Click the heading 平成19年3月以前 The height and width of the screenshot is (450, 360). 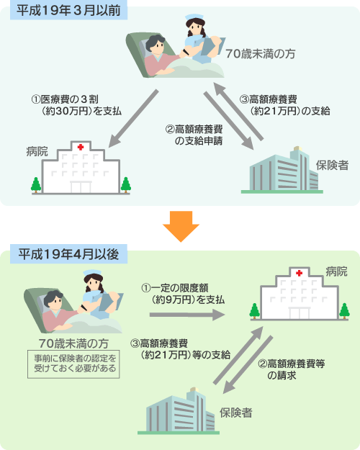point(68,11)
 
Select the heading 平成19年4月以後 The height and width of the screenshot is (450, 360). point(68,254)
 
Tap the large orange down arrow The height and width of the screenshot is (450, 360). point(181,226)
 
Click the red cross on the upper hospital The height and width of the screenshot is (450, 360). point(81,147)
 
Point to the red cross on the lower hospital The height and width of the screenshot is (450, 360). point(299,273)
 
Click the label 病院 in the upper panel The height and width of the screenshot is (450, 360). point(37,151)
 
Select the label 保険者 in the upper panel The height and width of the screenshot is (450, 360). point(332,166)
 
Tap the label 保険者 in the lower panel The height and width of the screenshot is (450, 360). point(236,413)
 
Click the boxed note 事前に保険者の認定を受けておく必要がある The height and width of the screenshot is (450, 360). point(73,364)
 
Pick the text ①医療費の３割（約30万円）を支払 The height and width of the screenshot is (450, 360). point(76,105)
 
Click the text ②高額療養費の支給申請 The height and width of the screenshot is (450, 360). point(194,135)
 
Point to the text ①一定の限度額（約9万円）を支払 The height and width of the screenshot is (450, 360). point(183,294)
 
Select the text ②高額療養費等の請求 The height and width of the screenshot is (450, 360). point(292,369)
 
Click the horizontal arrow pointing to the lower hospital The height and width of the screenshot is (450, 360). point(187,315)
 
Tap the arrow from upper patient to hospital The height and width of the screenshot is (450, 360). point(133,118)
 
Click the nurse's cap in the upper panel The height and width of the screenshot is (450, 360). point(194,18)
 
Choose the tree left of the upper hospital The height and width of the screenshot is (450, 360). point(36,185)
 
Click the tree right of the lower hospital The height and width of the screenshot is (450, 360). point(344,311)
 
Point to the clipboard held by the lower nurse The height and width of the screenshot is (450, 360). point(111,302)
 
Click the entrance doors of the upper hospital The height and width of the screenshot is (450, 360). point(81,187)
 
